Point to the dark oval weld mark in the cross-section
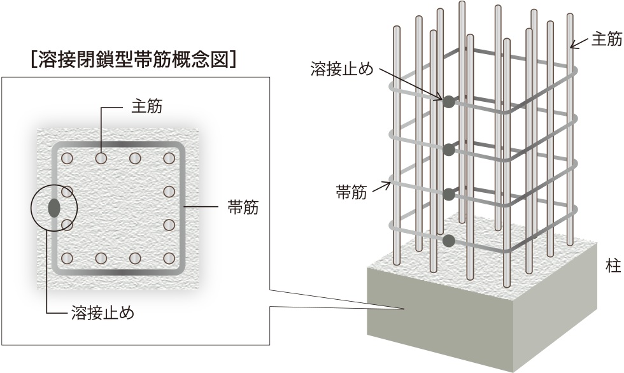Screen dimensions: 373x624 (x=54, y=208)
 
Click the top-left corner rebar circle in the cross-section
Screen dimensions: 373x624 (x=67, y=158)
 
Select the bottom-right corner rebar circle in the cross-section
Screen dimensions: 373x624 (x=169, y=258)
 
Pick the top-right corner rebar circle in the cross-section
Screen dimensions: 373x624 (x=169, y=158)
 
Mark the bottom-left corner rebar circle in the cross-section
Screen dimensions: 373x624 (x=67, y=258)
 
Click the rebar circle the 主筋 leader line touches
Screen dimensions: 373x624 (x=101, y=158)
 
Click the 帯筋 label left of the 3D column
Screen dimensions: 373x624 (x=351, y=193)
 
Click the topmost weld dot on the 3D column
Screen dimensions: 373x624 (x=449, y=101)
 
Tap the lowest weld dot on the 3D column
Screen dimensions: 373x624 (x=449, y=241)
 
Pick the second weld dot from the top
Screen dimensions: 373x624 (x=449, y=150)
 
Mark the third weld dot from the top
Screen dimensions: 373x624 (x=449, y=194)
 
